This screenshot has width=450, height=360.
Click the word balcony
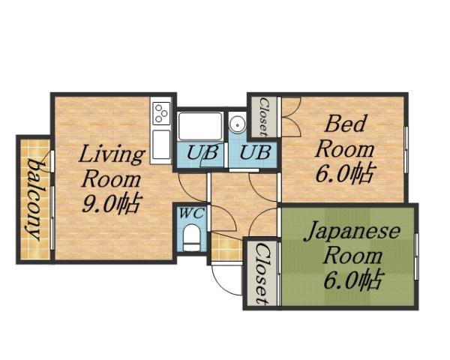click(x=34, y=198)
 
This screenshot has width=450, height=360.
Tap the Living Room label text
click(x=112, y=167)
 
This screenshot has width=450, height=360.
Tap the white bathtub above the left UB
click(x=200, y=125)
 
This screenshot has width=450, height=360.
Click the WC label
click(x=193, y=213)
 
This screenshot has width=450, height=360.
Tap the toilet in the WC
click(x=193, y=239)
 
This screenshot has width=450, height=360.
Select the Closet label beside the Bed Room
click(x=264, y=117)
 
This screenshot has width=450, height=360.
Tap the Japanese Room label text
click(x=352, y=242)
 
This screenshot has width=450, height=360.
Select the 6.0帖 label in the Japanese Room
click(x=352, y=280)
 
